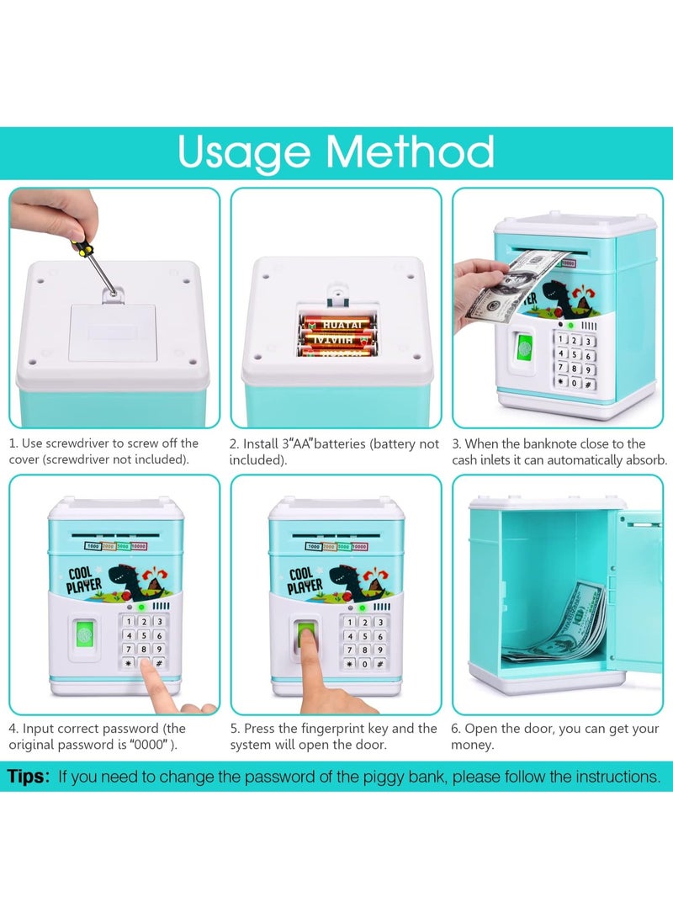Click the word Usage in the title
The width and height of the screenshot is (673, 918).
243,153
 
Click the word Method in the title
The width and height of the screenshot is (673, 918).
410,151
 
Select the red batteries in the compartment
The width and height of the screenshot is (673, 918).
337,336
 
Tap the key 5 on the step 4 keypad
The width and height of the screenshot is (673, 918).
144,635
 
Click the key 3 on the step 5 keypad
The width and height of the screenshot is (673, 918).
379,623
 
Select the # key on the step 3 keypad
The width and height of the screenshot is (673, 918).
589,384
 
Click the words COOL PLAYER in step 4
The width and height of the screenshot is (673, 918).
83,581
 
